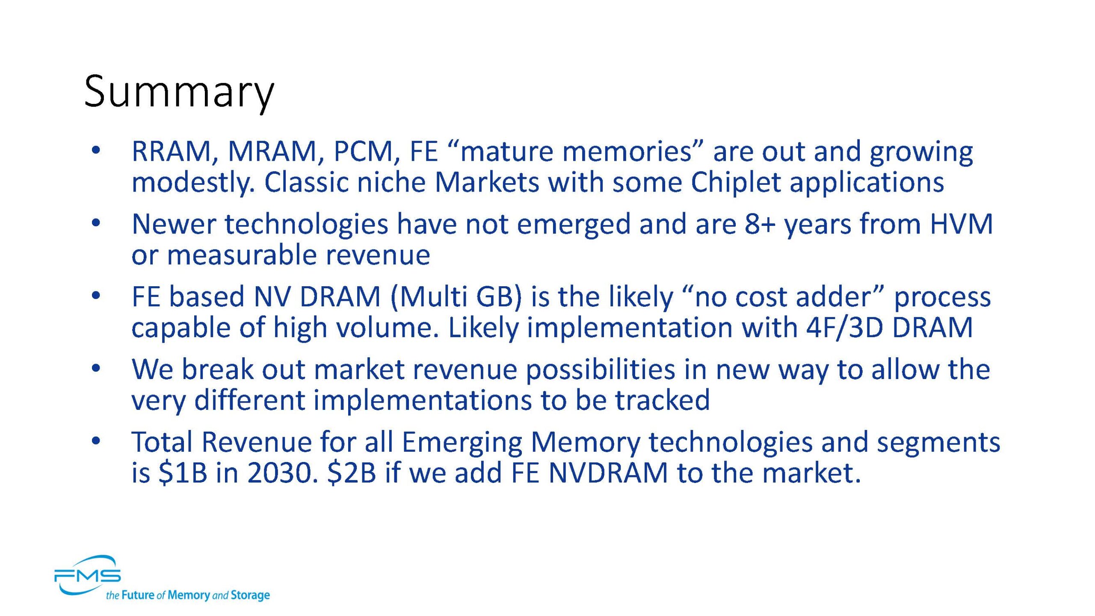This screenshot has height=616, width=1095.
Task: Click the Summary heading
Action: [x=179, y=92]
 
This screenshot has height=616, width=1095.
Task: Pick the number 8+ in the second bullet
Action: [x=760, y=224]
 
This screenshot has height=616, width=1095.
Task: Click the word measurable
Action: [x=242, y=255]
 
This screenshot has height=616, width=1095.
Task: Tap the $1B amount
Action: [x=183, y=473]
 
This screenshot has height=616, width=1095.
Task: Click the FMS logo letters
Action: [x=87, y=576]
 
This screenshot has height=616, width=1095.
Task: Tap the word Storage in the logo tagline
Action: [x=250, y=595]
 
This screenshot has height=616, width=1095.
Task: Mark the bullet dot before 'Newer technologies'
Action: [x=96, y=223]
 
